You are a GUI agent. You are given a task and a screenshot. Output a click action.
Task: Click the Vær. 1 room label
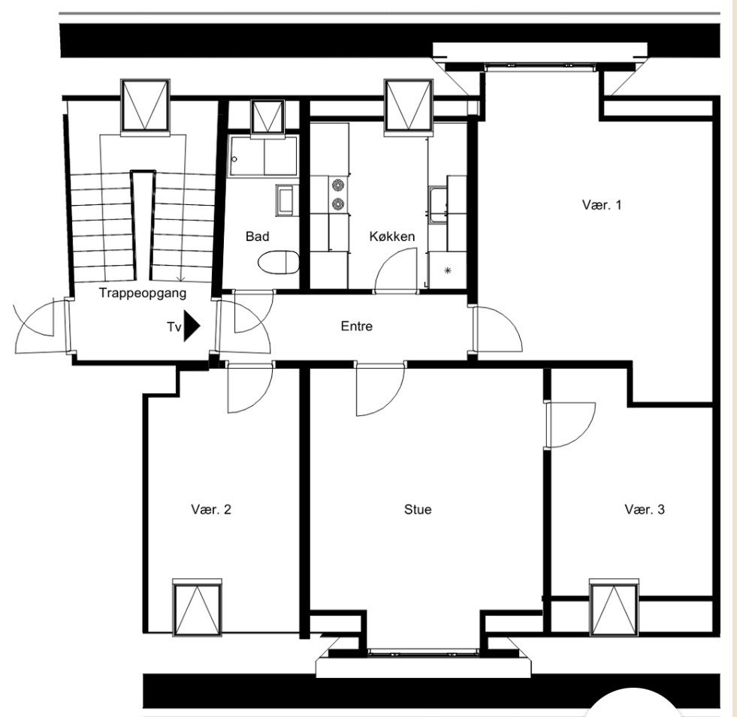(602, 205)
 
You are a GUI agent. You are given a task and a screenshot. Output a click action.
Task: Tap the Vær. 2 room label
(211, 509)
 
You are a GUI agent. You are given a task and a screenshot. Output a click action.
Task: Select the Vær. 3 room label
(645, 509)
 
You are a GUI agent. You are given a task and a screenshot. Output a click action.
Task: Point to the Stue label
(418, 509)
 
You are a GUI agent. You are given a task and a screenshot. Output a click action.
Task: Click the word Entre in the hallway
(357, 326)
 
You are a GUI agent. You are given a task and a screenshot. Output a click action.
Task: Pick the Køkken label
(392, 236)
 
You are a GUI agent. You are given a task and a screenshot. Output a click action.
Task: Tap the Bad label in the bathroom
(258, 236)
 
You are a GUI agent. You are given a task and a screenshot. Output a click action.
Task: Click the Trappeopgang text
(143, 294)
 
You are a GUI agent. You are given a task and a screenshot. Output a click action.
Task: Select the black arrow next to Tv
(192, 326)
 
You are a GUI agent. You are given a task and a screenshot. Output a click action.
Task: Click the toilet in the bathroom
(279, 262)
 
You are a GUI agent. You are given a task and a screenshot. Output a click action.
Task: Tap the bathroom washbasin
(286, 200)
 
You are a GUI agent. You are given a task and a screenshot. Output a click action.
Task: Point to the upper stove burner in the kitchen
(338, 185)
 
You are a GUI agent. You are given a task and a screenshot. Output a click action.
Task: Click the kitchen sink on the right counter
(437, 204)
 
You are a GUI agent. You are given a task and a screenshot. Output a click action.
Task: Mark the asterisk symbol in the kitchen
(448, 270)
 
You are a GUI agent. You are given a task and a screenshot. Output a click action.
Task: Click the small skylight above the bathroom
(267, 117)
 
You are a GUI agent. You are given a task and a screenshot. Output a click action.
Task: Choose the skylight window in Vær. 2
(197, 607)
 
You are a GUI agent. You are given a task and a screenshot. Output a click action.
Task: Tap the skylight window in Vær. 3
(613, 607)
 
